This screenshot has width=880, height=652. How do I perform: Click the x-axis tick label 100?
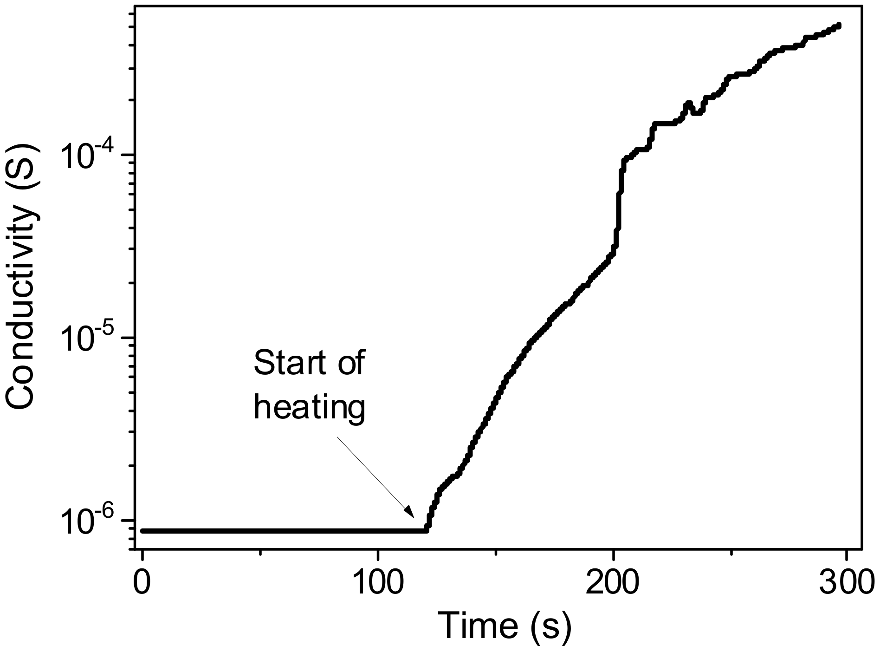(x=378, y=584)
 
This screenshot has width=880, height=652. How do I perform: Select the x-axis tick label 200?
(x=613, y=584)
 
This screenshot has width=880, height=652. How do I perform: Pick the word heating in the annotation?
(x=310, y=409)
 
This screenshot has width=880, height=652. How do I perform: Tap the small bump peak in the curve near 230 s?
(x=688, y=104)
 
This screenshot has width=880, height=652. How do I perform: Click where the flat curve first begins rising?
(x=427, y=529)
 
